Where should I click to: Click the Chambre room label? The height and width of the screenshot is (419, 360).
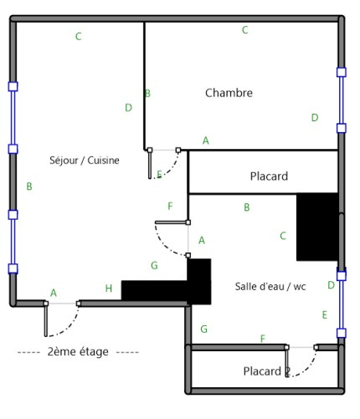tap(229, 93)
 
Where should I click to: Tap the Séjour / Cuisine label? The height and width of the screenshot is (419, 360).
tap(85, 161)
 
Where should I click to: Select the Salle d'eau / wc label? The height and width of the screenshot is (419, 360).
tap(270, 286)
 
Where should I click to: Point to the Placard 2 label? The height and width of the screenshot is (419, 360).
tap(267, 371)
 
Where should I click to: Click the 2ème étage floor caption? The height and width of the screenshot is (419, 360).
tap(78, 352)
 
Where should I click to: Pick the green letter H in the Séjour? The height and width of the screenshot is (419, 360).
tap(109, 289)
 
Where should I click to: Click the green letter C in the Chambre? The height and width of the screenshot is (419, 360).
tap(245, 30)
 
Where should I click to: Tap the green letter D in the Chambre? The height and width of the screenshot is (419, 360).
tap(315, 118)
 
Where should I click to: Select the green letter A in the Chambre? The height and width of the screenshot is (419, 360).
tap(206, 141)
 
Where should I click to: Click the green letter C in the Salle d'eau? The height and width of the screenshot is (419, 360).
tap(283, 236)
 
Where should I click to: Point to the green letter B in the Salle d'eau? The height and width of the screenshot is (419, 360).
tap(247, 207)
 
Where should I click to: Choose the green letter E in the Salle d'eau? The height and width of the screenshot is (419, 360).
tap(325, 315)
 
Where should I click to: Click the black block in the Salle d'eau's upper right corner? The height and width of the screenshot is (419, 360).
tap(317, 227)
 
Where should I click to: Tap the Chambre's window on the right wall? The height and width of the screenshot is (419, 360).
tap(342, 100)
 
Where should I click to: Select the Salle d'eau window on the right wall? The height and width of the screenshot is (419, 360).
tap(342, 304)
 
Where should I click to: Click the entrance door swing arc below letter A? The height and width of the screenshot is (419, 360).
tap(69, 329)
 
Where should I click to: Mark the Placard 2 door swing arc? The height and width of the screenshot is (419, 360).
tap(309, 369)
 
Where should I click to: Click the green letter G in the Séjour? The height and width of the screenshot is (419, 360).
tap(154, 265)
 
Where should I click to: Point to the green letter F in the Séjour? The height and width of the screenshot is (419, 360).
tap(170, 207)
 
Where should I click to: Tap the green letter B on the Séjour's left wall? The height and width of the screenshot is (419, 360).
tap(29, 187)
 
